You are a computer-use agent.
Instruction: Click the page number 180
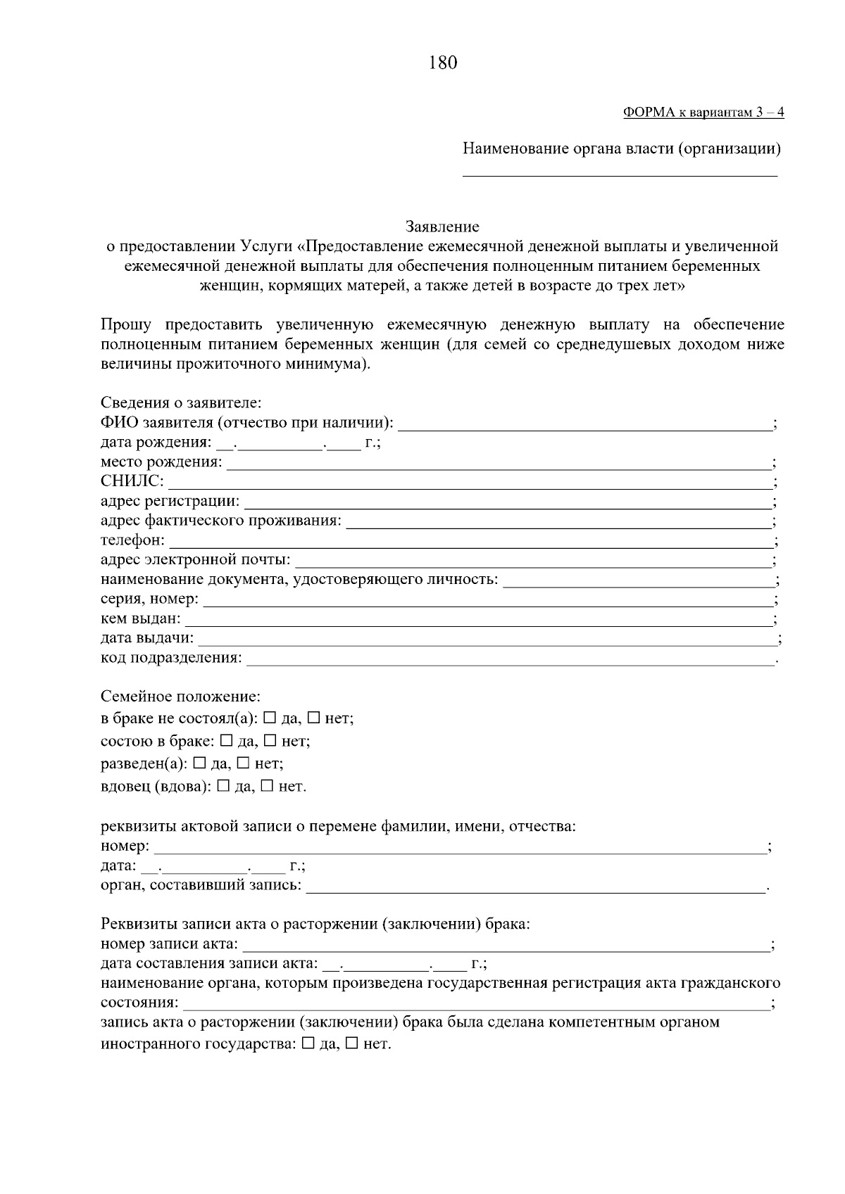tap(442, 63)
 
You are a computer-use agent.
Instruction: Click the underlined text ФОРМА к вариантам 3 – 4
tap(703, 113)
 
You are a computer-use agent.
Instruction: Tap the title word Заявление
tap(442, 227)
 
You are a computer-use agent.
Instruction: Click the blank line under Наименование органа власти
tap(620, 174)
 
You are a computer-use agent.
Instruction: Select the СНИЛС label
tap(132, 482)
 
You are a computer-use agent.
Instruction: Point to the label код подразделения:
tap(171, 658)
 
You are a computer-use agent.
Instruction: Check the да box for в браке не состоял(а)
tap(270, 718)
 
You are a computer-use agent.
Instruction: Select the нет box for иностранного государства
tap(353, 1044)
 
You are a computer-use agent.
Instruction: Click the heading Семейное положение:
tap(180, 697)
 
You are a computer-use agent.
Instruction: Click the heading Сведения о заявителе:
tap(181, 403)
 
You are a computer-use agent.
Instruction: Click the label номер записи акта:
tap(169, 944)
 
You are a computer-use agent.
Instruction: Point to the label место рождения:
tap(161, 462)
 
